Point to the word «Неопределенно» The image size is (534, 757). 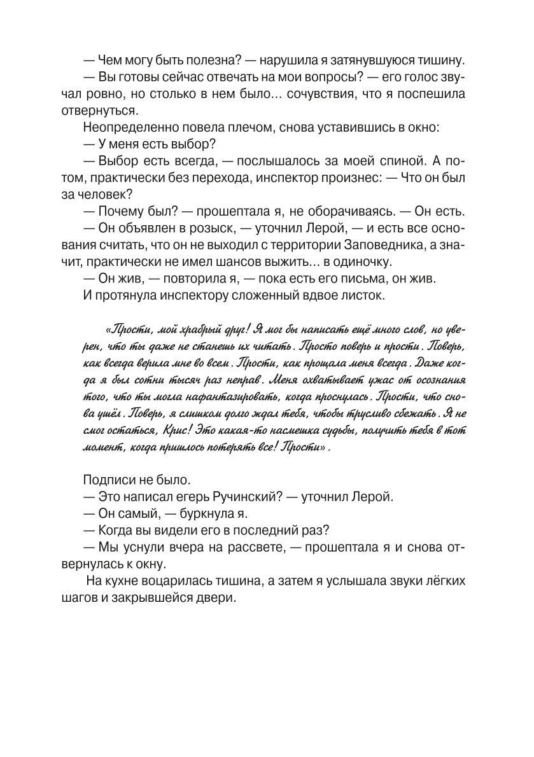click(x=127, y=127)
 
